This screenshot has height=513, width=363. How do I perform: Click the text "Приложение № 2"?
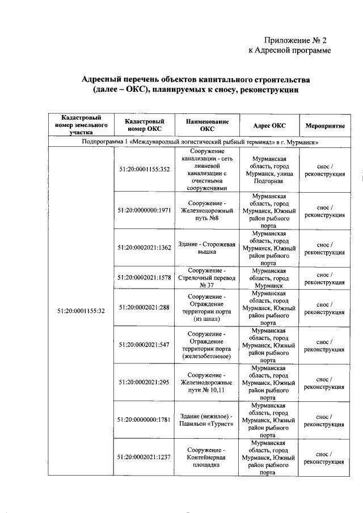point(296,40)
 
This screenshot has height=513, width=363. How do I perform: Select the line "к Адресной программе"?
point(290,50)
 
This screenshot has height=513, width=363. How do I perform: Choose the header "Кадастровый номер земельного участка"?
point(81,125)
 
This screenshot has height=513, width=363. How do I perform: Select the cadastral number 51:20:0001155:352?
point(145,169)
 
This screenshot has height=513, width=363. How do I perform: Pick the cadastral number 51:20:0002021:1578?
point(145,277)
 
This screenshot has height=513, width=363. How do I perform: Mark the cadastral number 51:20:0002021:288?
point(145,307)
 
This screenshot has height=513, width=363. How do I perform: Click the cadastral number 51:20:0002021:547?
point(145,345)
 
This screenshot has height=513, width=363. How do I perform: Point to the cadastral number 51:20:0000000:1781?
point(145,419)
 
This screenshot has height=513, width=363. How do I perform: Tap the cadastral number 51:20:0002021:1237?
point(145,457)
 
